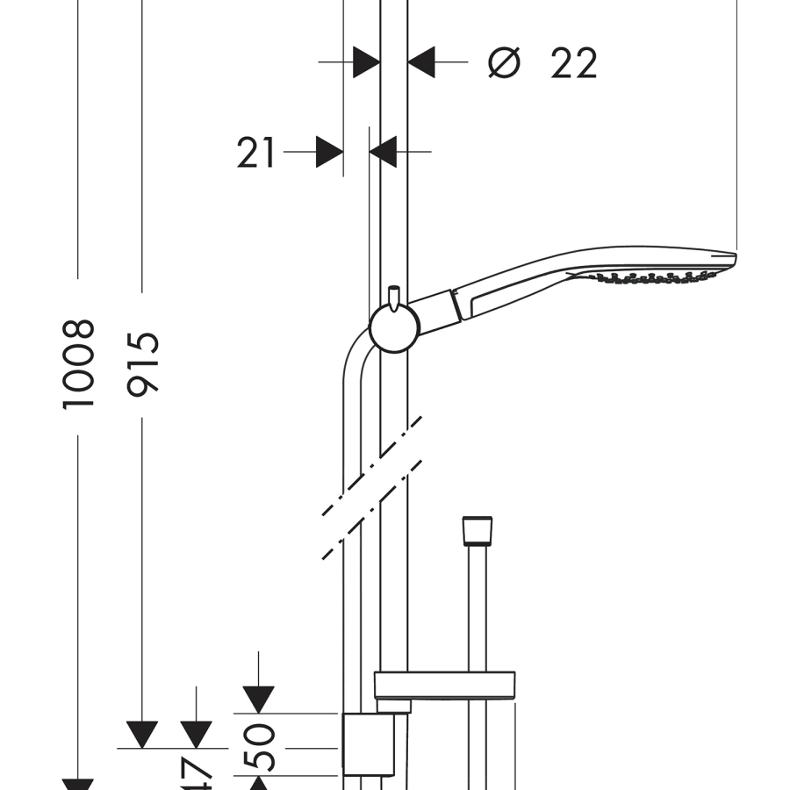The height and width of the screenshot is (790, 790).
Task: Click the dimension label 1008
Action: click(x=78, y=363)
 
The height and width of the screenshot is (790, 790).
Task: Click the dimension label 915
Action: click(x=142, y=363)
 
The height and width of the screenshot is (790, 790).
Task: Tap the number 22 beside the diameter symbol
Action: click(x=574, y=63)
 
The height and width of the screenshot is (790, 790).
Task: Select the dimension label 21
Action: click(x=256, y=154)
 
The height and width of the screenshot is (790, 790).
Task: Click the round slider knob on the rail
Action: click(x=394, y=328)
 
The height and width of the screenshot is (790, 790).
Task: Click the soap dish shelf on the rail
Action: click(x=444, y=685)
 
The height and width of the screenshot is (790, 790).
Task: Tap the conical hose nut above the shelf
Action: click(x=477, y=531)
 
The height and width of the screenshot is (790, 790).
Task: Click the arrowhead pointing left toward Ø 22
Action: click(x=422, y=62)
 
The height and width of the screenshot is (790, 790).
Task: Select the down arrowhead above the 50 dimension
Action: click(x=258, y=699)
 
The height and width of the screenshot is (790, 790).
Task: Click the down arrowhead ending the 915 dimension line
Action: click(x=142, y=734)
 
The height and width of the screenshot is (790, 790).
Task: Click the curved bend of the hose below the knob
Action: click(x=354, y=355)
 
